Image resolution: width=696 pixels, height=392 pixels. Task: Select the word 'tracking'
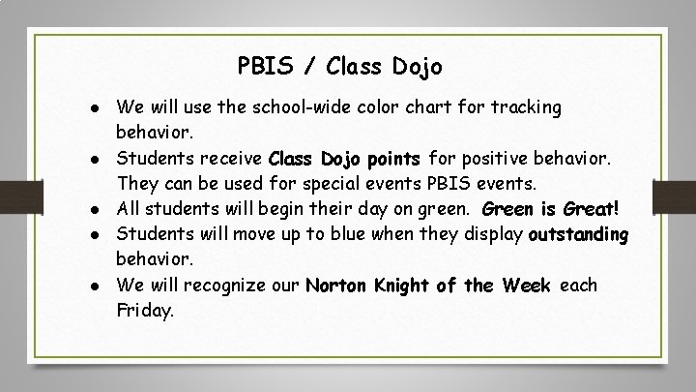point(527,107)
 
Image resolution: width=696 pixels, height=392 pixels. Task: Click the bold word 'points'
point(390,158)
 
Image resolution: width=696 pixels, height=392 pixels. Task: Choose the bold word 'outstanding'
point(578,234)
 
